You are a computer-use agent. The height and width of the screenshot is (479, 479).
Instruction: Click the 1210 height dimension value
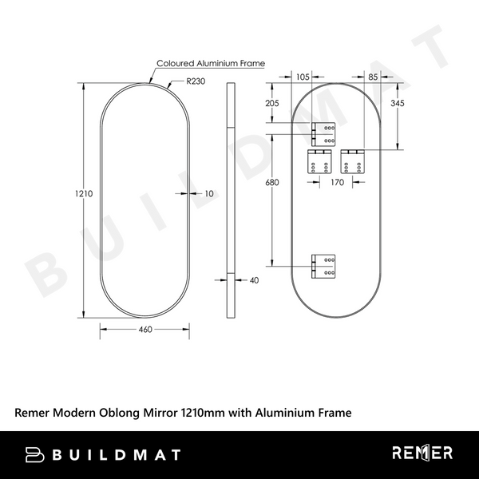pos(85,193)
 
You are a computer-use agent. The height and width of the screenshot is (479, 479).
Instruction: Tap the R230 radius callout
pos(196,81)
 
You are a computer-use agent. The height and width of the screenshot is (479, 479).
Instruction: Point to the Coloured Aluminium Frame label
pos(210,63)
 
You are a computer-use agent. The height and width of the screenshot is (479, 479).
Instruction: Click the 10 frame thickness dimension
pos(209,193)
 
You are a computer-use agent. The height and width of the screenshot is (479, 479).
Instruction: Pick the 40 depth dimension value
pos(255,280)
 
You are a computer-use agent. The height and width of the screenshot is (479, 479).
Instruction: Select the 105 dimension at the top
pos(303,77)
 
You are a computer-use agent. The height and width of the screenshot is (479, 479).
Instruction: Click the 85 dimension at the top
pos(374,77)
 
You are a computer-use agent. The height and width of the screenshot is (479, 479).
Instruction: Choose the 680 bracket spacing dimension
pos(272,183)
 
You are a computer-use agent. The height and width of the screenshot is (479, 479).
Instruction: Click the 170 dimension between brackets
pos(337,183)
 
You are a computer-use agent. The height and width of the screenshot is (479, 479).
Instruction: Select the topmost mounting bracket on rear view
pos(324,135)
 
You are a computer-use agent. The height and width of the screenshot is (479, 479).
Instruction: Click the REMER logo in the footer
pos(422,453)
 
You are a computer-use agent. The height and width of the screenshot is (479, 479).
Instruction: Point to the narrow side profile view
pos(232,200)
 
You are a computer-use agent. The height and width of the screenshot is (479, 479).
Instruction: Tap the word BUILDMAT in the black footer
pos(117,454)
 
